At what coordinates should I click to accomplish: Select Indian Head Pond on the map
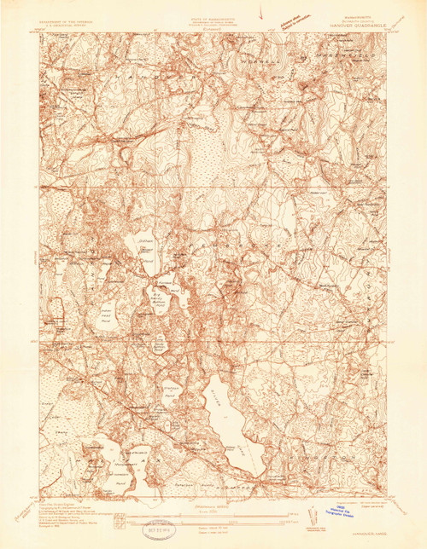point(103,310)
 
